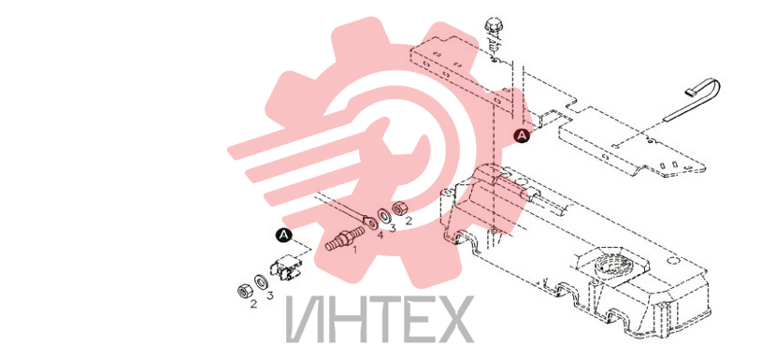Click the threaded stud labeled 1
click(344, 238)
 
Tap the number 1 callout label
click(354, 250)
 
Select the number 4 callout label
click(380, 236)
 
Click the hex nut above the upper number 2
click(399, 209)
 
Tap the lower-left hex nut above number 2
click(243, 291)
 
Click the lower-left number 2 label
click(253, 305)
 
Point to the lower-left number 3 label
click(270, 295)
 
